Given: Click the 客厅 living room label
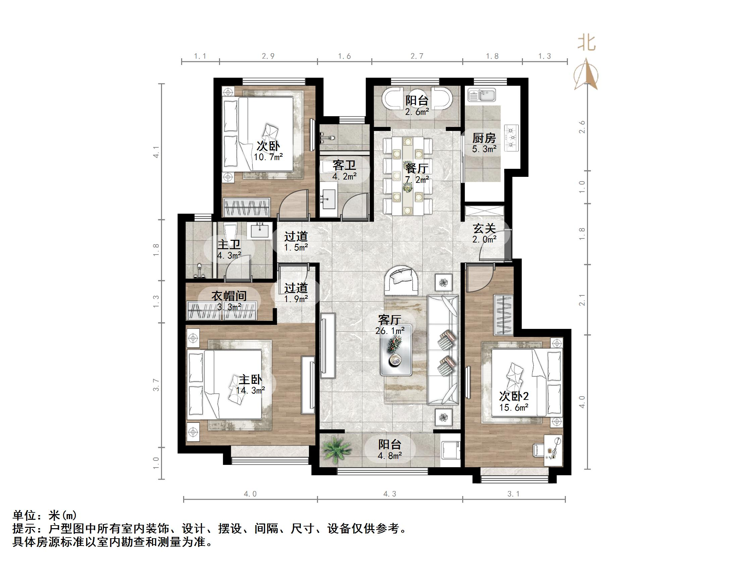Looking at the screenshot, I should point(390,320).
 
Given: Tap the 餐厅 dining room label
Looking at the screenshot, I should point(417,168).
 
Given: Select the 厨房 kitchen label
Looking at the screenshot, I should point(484,138).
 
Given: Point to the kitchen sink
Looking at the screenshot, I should point(482,95).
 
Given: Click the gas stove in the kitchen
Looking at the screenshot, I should point(512,138).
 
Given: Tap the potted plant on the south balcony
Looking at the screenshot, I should point(336,450).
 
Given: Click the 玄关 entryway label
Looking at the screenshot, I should point(484,229).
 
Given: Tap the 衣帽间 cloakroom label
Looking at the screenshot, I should point(229,296).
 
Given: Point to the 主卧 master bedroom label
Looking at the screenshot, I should point(250,380).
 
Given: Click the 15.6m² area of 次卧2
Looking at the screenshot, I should point(514,408).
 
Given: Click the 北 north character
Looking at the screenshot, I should point(586,43).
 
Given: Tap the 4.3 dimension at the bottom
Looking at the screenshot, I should point(389,494).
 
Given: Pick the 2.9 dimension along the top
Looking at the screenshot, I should point(268,56).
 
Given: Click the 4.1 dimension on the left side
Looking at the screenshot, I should point(156,151).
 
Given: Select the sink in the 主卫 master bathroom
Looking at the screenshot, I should point(260,231).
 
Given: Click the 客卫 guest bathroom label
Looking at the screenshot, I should point(344,165).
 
